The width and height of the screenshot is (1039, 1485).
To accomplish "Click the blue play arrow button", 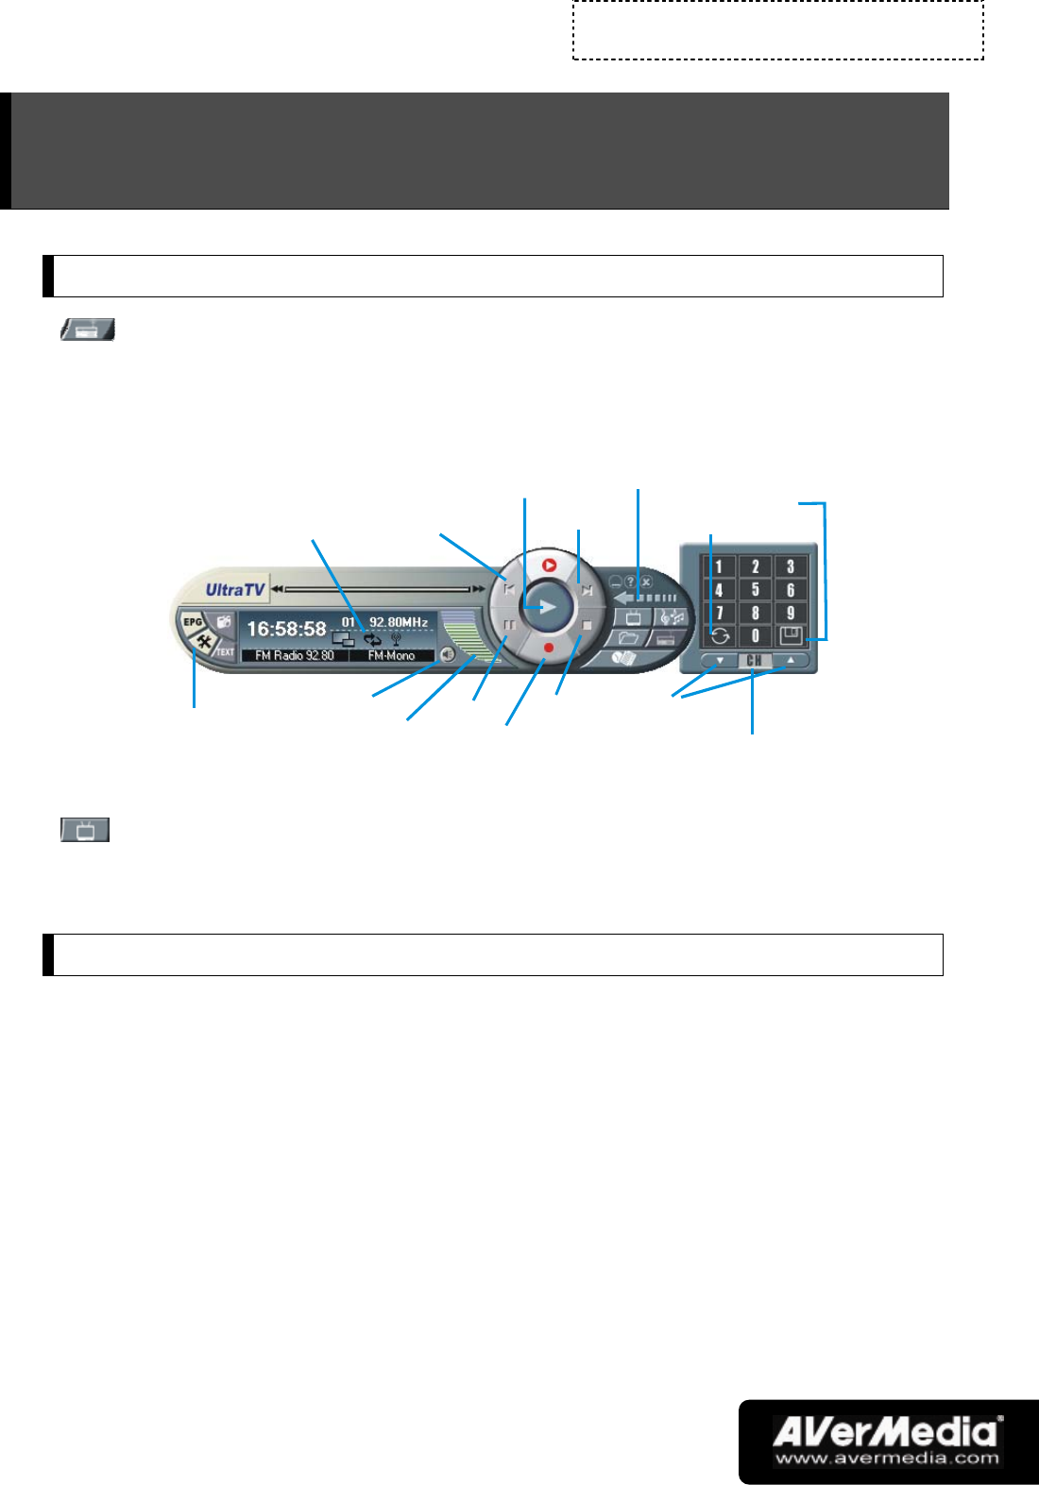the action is pyautogui.click(x=548, y=606).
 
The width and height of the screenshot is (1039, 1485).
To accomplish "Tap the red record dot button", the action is pyautogui.click(x=548, y=648).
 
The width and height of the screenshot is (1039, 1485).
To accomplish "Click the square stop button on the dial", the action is pyautogui.click(x=587, y=625).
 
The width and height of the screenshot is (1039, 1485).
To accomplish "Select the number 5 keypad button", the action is pyautogui.click(x=755, y=590).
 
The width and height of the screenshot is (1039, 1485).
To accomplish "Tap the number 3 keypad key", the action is pyautogui.click(x=791, y=566).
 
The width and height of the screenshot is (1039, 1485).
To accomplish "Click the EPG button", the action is pyautogui.click(x=193, y=622).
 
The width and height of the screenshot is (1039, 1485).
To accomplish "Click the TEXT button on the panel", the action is pyautogui.click(x=225, y=651).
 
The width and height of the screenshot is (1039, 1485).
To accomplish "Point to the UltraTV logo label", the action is pyautogui.click(x=235, y=590).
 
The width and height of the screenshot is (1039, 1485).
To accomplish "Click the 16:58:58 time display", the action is pyautogui.click(x=286, y=629).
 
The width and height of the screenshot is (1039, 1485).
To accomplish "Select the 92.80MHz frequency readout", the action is pyautogui.click(x=399, y=622).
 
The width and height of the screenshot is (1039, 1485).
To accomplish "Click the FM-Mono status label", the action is pyautogui.click(x=391, y=655).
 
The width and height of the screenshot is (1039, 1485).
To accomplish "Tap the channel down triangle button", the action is pyautogui.click(x=720, y=661).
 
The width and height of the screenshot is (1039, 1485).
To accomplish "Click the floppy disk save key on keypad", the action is pyautogui.click(x=791, y=635).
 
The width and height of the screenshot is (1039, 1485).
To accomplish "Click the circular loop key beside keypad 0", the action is pyautogui.click(x=720, y=636).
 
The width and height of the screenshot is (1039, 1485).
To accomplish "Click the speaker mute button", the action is pyautogui.click(x=447, y=653).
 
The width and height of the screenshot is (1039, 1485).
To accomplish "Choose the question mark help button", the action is pyautogui.click(x=631, y=582).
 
